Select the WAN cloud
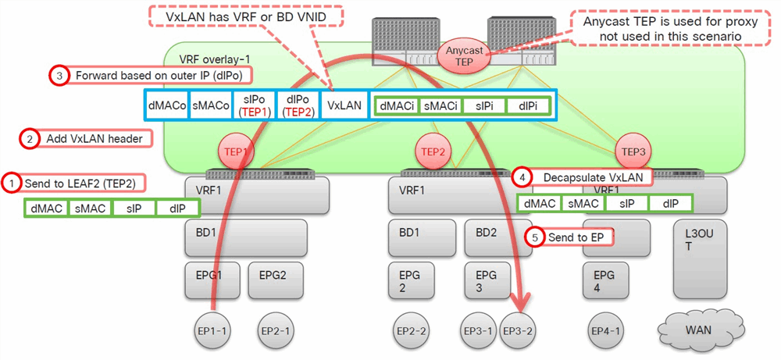coord(698,330)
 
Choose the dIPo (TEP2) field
coord(298,105)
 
